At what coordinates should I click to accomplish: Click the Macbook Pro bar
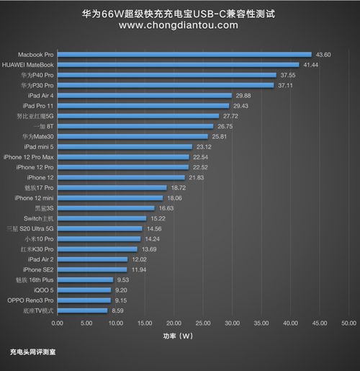(x=184, y=54)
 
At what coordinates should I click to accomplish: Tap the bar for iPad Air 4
(x=144, y=95)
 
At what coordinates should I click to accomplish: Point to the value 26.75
(x=225, y=126)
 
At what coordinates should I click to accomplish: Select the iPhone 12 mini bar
(x=109, y=197)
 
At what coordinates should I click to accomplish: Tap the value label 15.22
(x=158, y=218)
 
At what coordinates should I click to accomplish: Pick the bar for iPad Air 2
(x=92, y=258)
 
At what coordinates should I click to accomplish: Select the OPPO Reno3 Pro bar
(x=84, y=300)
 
